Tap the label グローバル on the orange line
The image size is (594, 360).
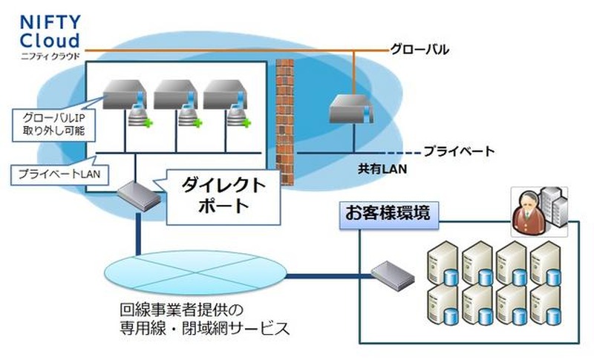pos(420,50)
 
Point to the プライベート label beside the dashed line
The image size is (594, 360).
pos(458,151)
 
